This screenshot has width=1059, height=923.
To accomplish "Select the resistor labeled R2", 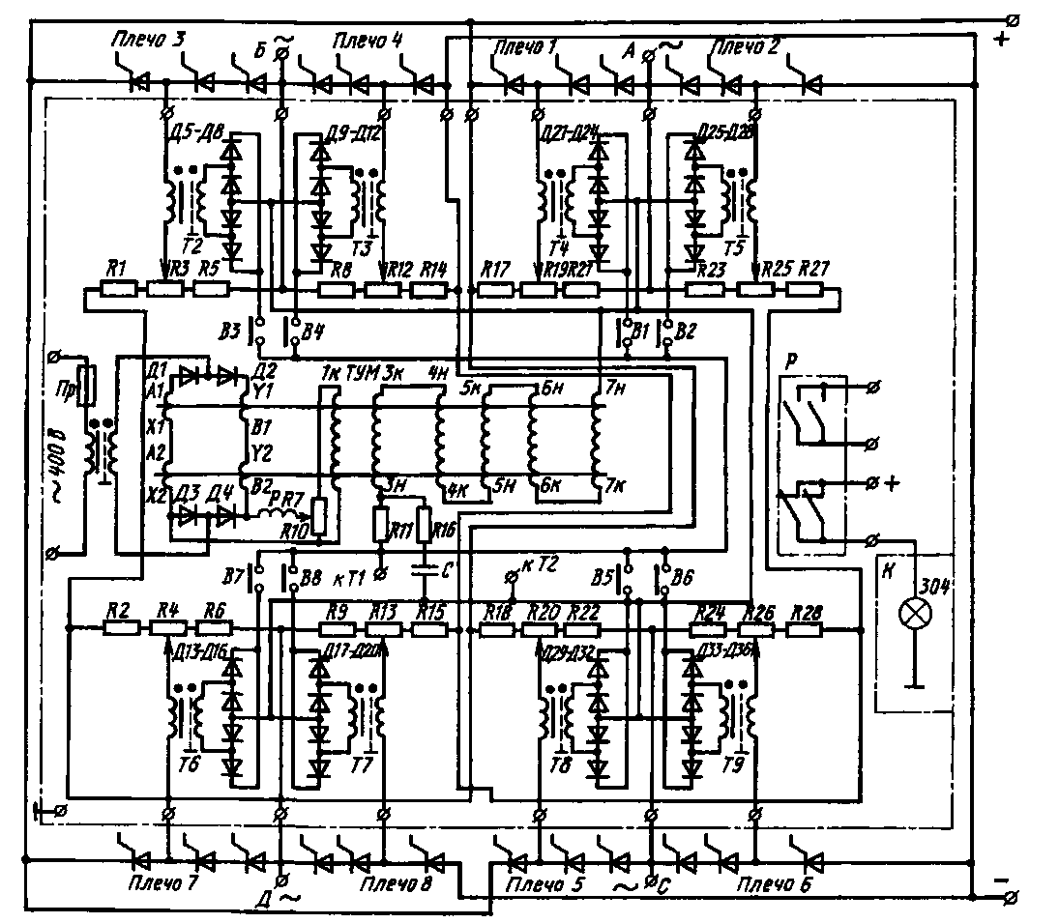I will point(122,627).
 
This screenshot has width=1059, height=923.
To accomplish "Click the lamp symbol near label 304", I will point(911,613).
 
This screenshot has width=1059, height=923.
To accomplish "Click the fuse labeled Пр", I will point(85,386).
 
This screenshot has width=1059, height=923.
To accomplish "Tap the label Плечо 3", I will point(147,40).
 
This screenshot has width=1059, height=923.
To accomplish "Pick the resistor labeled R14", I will point(430,288).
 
